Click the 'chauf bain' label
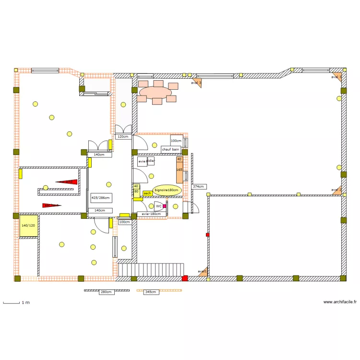coord(170,149)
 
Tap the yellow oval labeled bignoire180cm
coord(167,190)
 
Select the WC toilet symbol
coord(158,206)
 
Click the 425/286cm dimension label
coord(101,197)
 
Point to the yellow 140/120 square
coord(28,226)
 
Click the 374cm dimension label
coord(198,186)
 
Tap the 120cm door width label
coord(123,137)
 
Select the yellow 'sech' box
coord(147,193)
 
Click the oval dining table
coord(156,92)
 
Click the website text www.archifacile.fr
coord(340,302)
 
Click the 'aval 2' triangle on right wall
coord(337,190)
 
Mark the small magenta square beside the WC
coord(165,206)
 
